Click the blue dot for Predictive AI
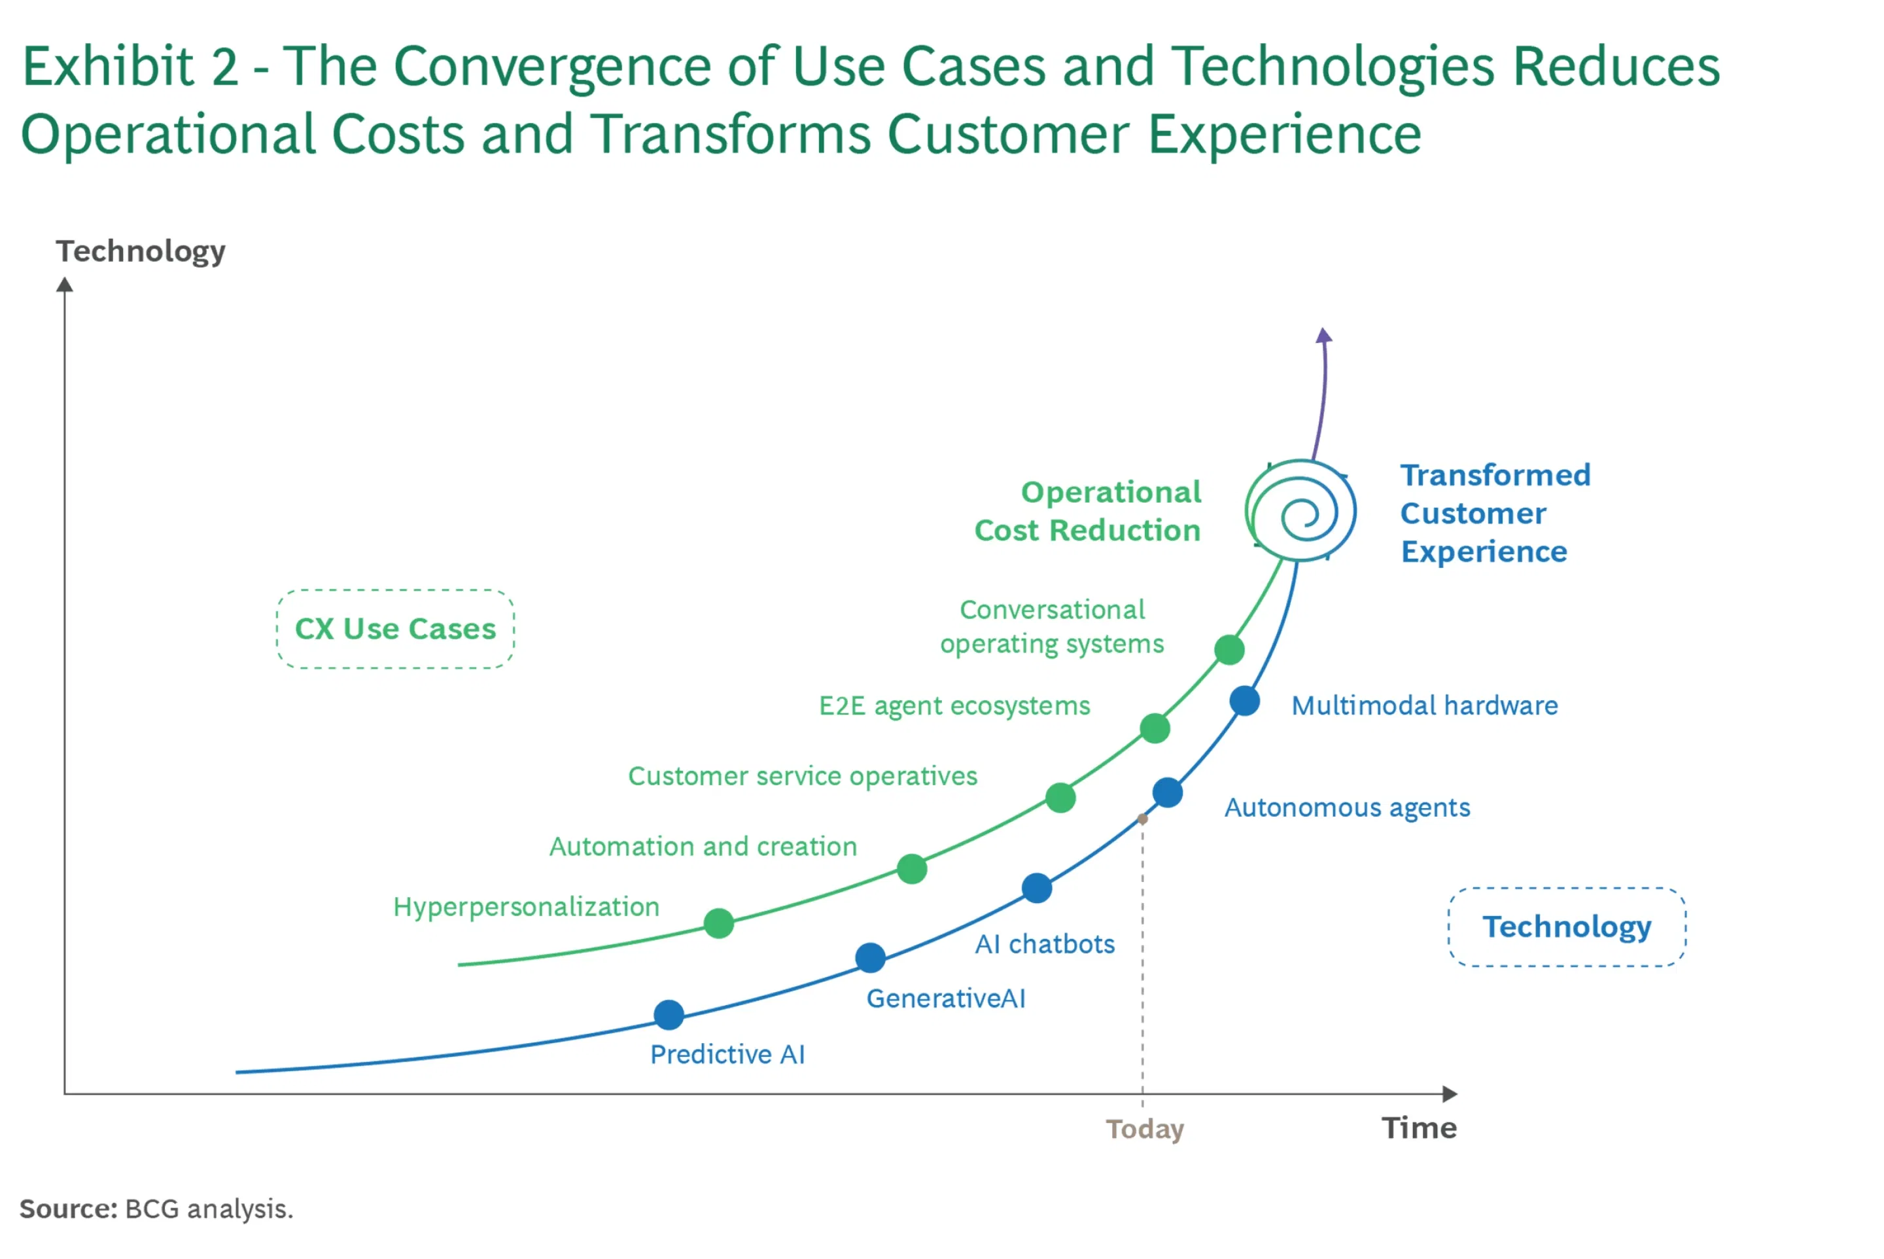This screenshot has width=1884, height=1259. click(669, 1015)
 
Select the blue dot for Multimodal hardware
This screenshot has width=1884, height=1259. click(1244, 701)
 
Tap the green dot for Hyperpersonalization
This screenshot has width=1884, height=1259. click(718, 923)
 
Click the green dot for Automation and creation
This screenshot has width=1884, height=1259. click(912, 869)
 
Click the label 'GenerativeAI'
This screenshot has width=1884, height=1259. click(946, 998)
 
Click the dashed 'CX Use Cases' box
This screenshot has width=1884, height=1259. click(395, 629)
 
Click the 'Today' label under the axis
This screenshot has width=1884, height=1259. click(1145, 1129)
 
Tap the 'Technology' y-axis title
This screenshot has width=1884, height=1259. click(141, 251)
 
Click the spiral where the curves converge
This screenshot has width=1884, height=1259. click(1301, 512)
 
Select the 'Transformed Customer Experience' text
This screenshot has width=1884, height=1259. click(1495, 513)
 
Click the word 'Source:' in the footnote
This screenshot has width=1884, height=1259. click(68, 1209)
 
